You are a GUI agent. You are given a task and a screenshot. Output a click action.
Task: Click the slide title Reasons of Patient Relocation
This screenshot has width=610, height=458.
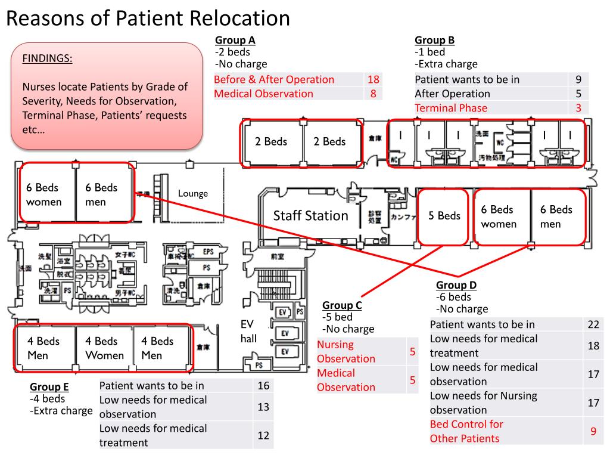click(148, 18)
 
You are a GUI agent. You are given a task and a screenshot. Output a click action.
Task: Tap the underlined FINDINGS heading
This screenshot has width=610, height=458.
click(48, 58)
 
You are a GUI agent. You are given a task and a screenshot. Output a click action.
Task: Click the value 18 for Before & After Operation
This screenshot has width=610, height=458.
click(374, 79)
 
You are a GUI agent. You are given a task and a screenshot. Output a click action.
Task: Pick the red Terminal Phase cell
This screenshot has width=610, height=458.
click(451, 108)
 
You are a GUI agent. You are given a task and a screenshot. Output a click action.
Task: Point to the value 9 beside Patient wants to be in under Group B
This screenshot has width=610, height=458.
click(578, 79)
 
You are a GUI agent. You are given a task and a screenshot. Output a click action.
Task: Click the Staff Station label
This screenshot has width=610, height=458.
click(310, 216)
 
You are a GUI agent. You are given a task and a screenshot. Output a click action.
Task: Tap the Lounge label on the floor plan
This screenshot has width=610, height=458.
click(193, 193)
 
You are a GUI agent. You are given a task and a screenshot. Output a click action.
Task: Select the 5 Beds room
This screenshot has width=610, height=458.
click(444, 216)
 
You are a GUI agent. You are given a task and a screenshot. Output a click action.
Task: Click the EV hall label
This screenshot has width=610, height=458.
click(248, 332)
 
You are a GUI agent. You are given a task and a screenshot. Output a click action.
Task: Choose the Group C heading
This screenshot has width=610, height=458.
click(342, 305)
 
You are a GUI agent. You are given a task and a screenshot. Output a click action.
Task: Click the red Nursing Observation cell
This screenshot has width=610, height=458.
click(346, 351)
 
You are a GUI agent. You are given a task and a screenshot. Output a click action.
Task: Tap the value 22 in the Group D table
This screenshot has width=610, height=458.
click(593, 324)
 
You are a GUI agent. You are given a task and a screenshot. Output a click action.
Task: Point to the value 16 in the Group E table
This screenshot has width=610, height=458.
click(263, 386)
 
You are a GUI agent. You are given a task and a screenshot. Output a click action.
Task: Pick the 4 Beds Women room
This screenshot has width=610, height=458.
click(104, 348)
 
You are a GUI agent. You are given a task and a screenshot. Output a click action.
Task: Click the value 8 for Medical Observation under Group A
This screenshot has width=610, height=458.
click(374, 94)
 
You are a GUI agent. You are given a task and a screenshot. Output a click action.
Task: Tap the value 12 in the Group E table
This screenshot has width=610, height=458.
click(263, 435)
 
